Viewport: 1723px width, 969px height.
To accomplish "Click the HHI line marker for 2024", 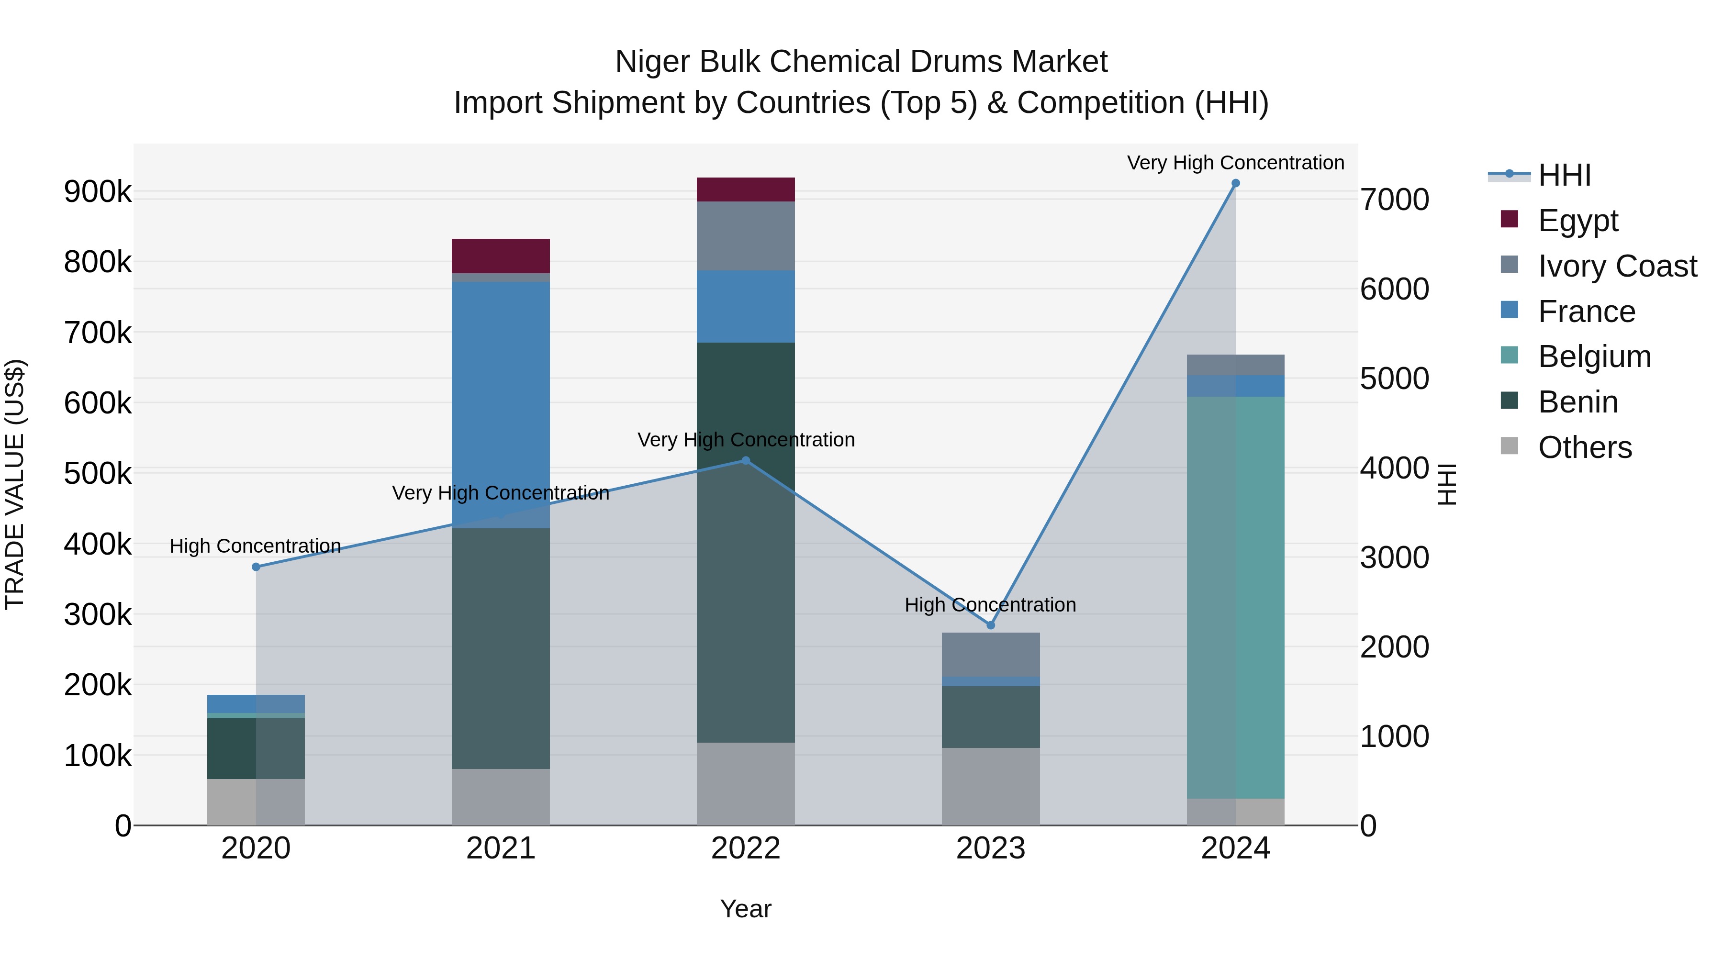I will pyautogui.click(x=1235, y=183).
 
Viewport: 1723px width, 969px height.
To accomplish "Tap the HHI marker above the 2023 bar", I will pyautogui.click(x=991, y=625).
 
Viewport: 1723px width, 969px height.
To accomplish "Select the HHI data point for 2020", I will pyautogui.click(x=256, y=567).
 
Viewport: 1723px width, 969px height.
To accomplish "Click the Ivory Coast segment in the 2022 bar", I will pyautogui.click(x=745, y=235).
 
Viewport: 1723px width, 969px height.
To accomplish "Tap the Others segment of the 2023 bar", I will pyautogui.click(x=991, y=786).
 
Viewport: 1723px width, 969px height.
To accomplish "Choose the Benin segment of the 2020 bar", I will pyautogui.click(x=256, y=747).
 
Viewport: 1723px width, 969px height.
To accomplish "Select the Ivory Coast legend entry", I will pyautogui.click(x=1617, y=266).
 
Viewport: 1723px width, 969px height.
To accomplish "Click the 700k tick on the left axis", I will pyautogui.click(x=98, y=333).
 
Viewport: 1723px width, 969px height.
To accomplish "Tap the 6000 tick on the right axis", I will pyautogui.click(x=1395, y=289).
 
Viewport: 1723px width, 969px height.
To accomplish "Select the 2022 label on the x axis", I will pyautogui.click(x=745, y=848).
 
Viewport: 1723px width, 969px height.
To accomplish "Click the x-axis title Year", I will pyautogui.click(x=745, y=909).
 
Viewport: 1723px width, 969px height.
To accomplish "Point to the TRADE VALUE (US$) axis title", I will pyautogui.click(x=15, y=484).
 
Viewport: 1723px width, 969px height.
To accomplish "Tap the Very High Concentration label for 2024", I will pyautogui.click(x=1235, y=163).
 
